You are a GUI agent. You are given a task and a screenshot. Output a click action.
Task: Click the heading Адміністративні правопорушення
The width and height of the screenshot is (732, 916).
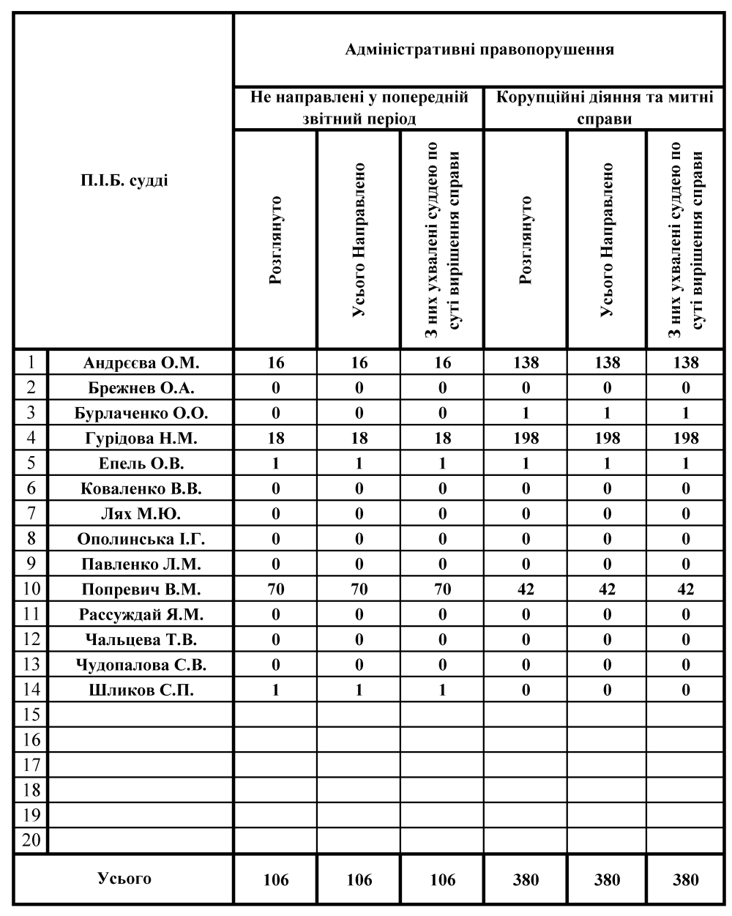click(479, 51)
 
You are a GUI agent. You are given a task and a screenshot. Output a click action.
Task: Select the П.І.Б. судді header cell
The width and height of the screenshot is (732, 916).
click(124, 180)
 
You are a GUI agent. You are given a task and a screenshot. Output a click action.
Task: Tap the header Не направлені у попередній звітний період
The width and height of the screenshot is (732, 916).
click(359, 108)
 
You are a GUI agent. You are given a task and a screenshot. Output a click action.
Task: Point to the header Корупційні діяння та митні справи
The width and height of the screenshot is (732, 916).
click(604, 108)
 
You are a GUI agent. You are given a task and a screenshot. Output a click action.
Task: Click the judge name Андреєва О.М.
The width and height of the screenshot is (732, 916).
click(141, 362)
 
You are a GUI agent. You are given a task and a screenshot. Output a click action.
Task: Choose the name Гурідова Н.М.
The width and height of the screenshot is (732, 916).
click(141, 439)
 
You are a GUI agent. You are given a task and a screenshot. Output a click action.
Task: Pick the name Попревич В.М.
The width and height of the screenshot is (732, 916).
click(141, 589)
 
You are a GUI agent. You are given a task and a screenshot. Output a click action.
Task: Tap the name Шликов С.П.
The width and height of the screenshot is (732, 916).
click(141, 690)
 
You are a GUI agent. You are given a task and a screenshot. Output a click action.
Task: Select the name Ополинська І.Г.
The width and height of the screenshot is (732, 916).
click(141, 540)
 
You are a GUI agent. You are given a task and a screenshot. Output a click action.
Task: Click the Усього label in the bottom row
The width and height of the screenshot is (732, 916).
click(124, 879)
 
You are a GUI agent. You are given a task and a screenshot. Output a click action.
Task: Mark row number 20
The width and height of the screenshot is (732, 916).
click(31, 840)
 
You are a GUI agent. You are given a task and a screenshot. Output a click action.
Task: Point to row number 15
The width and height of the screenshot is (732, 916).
click(31, 715)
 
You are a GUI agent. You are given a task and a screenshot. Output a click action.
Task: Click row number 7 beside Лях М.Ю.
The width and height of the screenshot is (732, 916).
click(31, 514)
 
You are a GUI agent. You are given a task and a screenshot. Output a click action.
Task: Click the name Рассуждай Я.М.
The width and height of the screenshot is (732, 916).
click(141, 614)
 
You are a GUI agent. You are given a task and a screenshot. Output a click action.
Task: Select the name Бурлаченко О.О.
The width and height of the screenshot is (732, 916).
click(141, 413)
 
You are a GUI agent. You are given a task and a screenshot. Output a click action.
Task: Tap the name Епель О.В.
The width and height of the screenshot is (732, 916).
click(141, 463)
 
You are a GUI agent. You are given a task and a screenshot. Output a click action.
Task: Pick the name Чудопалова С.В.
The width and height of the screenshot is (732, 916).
click(141, 665)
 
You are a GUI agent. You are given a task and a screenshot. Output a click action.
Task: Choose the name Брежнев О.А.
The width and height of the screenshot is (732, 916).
click(141, 388)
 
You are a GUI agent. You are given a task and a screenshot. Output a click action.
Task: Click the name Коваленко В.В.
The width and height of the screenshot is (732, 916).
click(141, 488)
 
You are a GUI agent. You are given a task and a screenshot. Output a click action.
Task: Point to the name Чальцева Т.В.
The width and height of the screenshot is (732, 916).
click(141, 640)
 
